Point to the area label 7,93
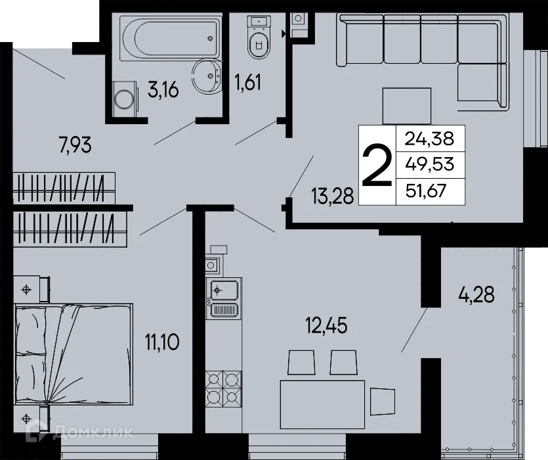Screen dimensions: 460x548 point(75,146)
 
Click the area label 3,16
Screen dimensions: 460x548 point(163,90)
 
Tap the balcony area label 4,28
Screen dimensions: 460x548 point(476,293)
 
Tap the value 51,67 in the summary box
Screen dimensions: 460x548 point(430,191)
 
